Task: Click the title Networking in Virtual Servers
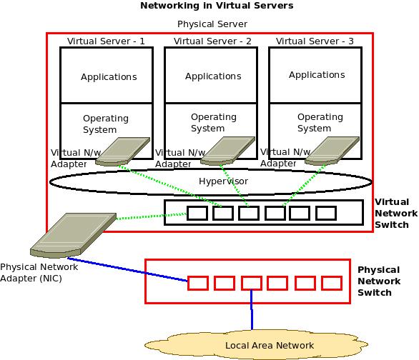tap(216, 6)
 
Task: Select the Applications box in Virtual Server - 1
tap(108, 76)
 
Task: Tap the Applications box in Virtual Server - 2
tap(212, 76)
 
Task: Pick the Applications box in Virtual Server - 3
tap(316, 74)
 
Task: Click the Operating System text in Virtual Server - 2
tap(213, 123)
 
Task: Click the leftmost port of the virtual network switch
tap(197, 212)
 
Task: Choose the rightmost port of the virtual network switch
tap(326, 212)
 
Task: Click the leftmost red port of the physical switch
tap(198, 283)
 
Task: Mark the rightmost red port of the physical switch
tap(332, 283)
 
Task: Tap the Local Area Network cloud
tap(270, 344)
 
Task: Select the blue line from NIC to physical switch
tap(129, 269)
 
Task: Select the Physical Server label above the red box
tap(212, 24)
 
